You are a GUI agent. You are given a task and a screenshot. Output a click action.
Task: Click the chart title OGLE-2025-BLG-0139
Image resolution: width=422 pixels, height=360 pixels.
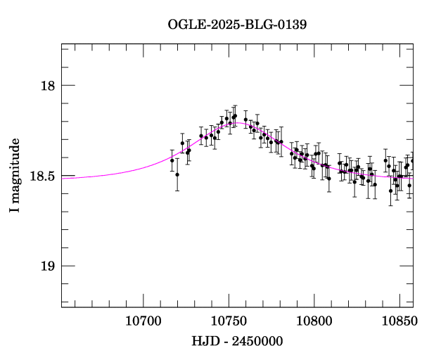(x=237, y=25)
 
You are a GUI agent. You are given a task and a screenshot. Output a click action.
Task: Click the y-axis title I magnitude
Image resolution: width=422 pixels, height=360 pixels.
(x=14, y=176)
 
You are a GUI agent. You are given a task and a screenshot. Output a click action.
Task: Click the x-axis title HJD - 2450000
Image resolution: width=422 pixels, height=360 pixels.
(x=237, y=341)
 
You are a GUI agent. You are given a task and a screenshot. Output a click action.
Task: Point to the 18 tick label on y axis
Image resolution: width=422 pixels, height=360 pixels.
(x=47, y=86)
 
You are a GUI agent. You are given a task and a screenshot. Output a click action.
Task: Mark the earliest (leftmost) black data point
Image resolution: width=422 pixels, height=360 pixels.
(x=172, y=160)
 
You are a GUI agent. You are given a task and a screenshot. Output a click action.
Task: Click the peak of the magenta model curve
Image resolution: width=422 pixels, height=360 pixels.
(x=239, y=122)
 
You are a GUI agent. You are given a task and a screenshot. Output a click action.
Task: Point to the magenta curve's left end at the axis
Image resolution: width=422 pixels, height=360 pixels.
(x=63, y=178)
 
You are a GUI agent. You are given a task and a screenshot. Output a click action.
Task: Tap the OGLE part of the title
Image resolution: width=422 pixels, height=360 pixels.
(x=185, y=25)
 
